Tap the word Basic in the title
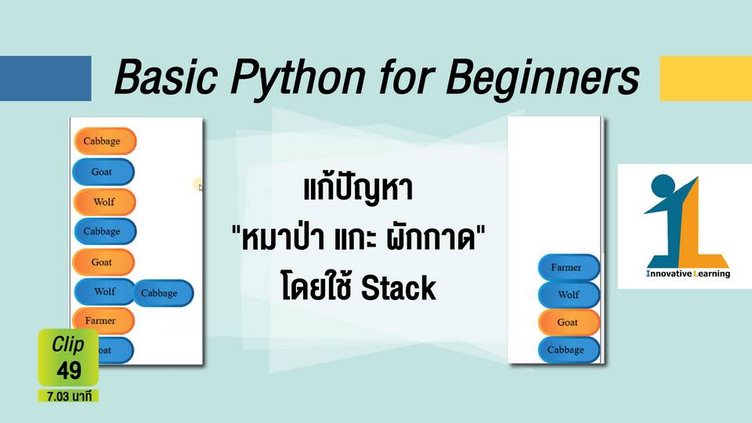[x=166, y=77]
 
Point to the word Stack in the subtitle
[x=398, y=288]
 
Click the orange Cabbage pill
[x=105, y=141]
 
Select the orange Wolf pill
[x=104, y=202]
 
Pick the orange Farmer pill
[x=103, y=320]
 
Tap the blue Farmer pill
[x=569, y=267]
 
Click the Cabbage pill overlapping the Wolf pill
[x=163, y=293]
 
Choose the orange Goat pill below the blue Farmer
[x=569, y=322]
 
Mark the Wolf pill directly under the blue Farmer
[x=569, y=295]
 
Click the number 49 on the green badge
[x=69, y=371]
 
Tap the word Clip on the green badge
[x=67, y=344]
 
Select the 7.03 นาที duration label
[x=69, y=396]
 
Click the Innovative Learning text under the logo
[x=689, y=274]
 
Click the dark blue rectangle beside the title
[x=45, y=78]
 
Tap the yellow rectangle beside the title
[x=706, y=78]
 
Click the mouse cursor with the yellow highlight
[x=199, y=185]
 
